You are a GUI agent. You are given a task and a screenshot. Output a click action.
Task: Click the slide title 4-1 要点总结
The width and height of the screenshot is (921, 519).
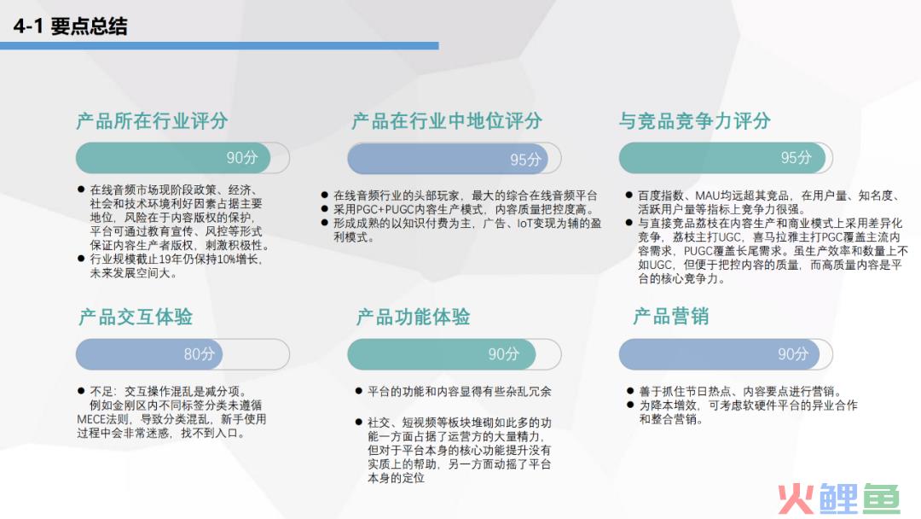coord(70,26)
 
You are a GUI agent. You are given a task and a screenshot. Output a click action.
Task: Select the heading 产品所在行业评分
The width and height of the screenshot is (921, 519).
coord(152,121)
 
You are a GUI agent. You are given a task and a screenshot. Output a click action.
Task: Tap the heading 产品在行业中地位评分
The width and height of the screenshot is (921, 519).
coord(447,121)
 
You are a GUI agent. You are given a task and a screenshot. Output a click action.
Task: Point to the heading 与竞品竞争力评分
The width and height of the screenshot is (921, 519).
coord(695,121)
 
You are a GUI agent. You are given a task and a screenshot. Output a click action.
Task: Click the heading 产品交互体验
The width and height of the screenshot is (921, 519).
coord(136,317)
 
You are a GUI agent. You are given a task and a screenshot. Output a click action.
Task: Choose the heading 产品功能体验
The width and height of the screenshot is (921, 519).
coord(413,317)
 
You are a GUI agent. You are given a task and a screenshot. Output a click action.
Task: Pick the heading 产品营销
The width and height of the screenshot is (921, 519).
coord(671,316)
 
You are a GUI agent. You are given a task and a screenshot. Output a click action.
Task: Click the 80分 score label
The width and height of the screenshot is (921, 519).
coord(200,354)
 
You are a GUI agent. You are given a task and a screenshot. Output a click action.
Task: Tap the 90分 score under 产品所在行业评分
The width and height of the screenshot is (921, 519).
coord(242,158)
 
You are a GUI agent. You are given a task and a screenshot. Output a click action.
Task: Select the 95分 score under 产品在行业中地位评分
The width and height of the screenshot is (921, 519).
coord(525,160)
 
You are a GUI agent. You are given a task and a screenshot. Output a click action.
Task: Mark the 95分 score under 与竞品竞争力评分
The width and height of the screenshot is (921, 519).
coord(796,158)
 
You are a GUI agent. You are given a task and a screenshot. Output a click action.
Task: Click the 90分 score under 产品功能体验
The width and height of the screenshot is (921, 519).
coord(504,354)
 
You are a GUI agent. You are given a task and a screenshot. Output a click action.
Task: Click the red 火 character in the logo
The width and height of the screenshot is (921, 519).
coord(796,499)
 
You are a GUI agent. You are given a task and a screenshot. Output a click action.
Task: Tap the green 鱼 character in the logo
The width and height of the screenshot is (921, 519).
coord(880,499)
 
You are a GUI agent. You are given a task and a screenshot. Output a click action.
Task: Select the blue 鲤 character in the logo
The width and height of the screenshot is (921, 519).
coord(837,499)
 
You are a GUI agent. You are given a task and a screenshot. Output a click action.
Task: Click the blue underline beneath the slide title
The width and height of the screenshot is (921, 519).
coord(219,46)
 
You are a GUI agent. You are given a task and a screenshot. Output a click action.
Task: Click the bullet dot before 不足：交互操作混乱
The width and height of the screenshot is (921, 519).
coord(81,390)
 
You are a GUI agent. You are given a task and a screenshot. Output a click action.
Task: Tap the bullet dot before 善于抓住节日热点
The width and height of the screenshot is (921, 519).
coord(630,390)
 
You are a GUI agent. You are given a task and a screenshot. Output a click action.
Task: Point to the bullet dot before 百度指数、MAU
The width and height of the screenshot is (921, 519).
coord(629,195)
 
